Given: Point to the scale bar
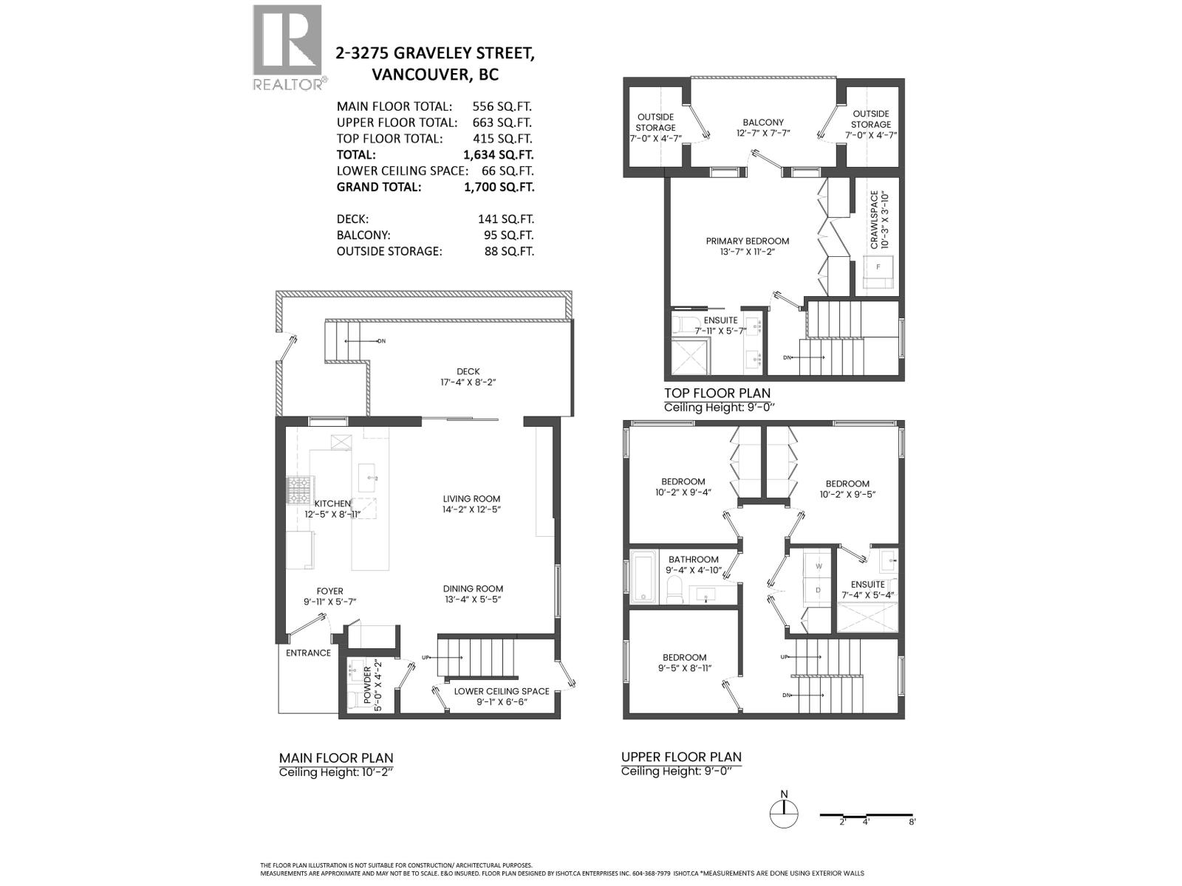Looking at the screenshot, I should [x=867, y=816].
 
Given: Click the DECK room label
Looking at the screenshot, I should [x=468, y=377].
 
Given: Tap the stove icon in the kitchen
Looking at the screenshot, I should [x=299, y=489].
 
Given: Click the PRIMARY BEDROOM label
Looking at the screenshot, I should [x=747, y=246].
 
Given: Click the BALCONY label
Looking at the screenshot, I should [x=763, y=128].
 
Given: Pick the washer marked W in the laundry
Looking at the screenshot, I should [x=818, y=566].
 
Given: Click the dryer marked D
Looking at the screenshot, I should [x=818, y=590].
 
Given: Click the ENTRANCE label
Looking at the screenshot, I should [x=308, y=653].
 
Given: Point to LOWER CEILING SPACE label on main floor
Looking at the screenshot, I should [x=501, y=696].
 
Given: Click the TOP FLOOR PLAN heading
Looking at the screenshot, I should [x=717, y=394].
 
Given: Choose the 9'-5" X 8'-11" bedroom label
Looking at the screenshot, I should [x=684, y=662].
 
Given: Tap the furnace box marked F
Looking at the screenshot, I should [x=878, y=267].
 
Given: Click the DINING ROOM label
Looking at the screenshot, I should [x=473, y=594].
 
